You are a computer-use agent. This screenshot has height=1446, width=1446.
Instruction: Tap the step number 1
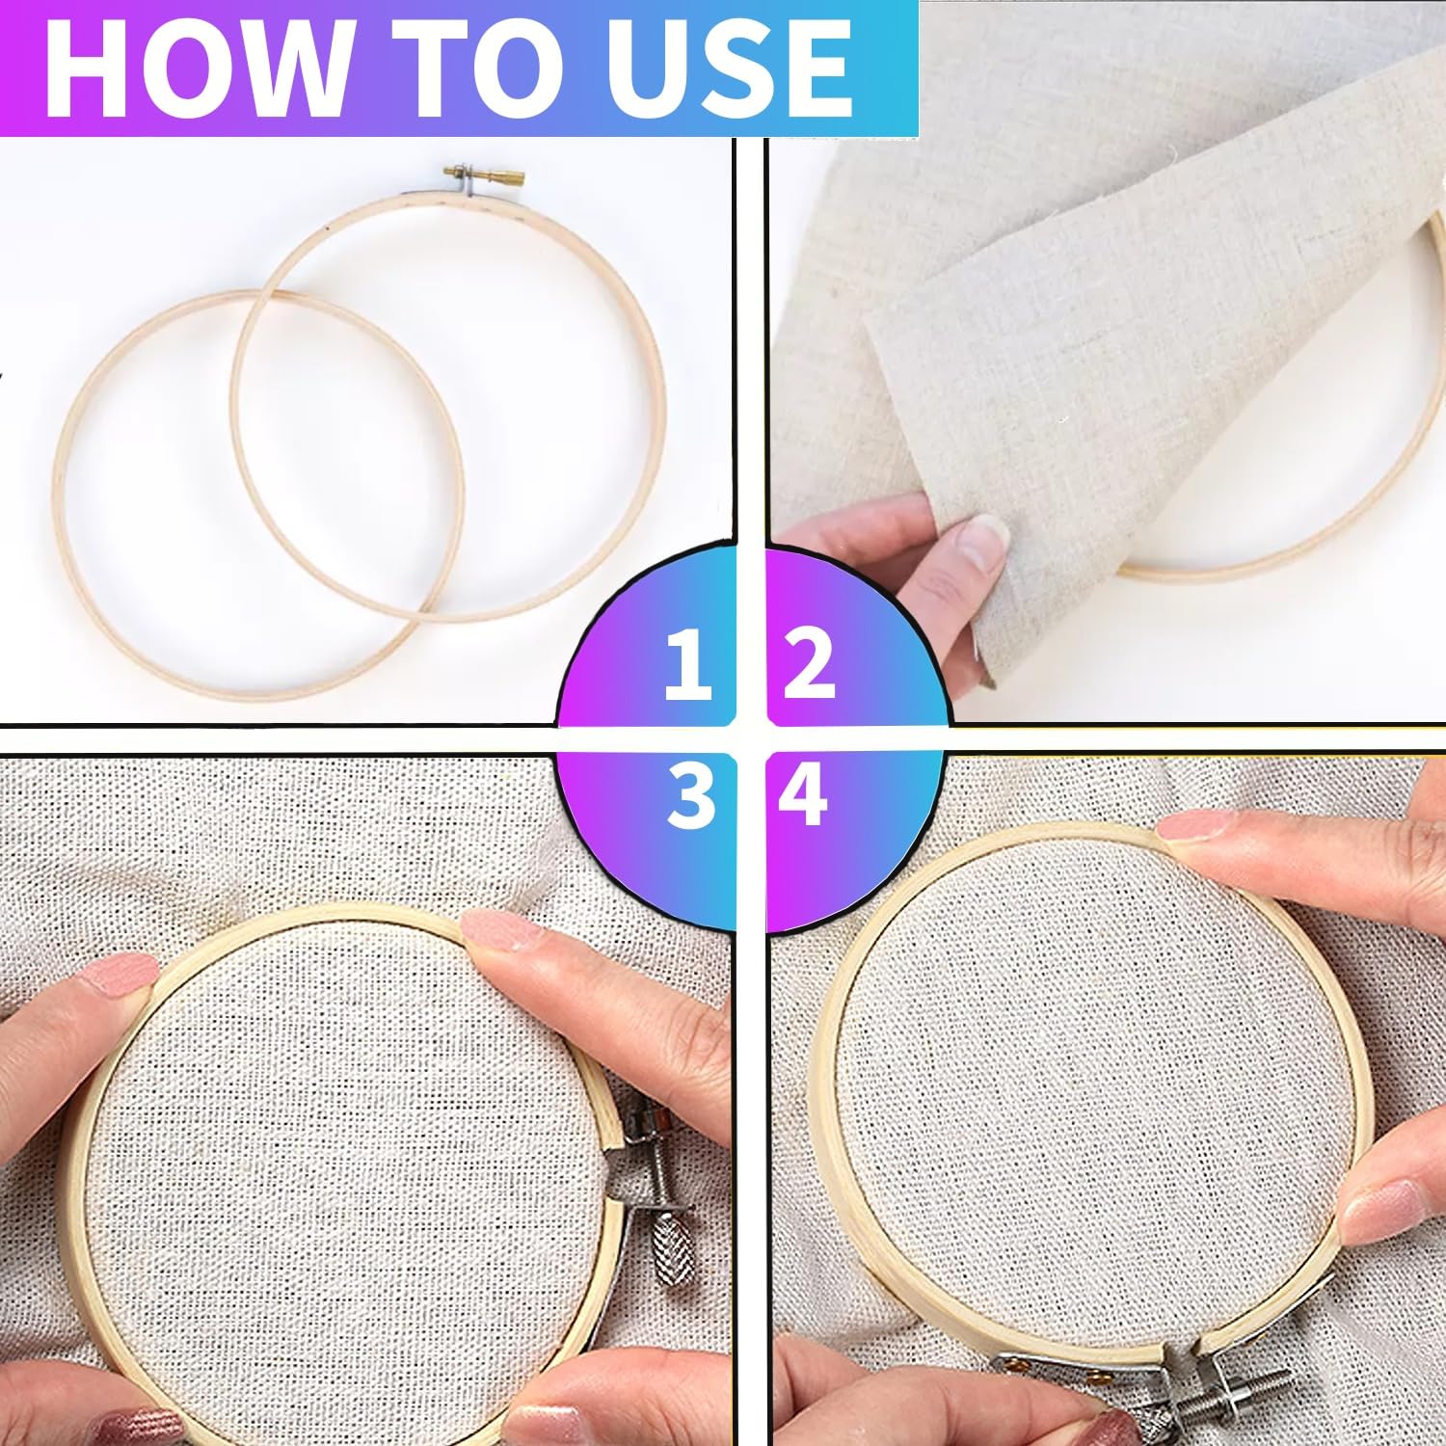click(x=687, y=662)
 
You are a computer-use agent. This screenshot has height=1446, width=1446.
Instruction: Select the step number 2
click(x=808, y=662)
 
